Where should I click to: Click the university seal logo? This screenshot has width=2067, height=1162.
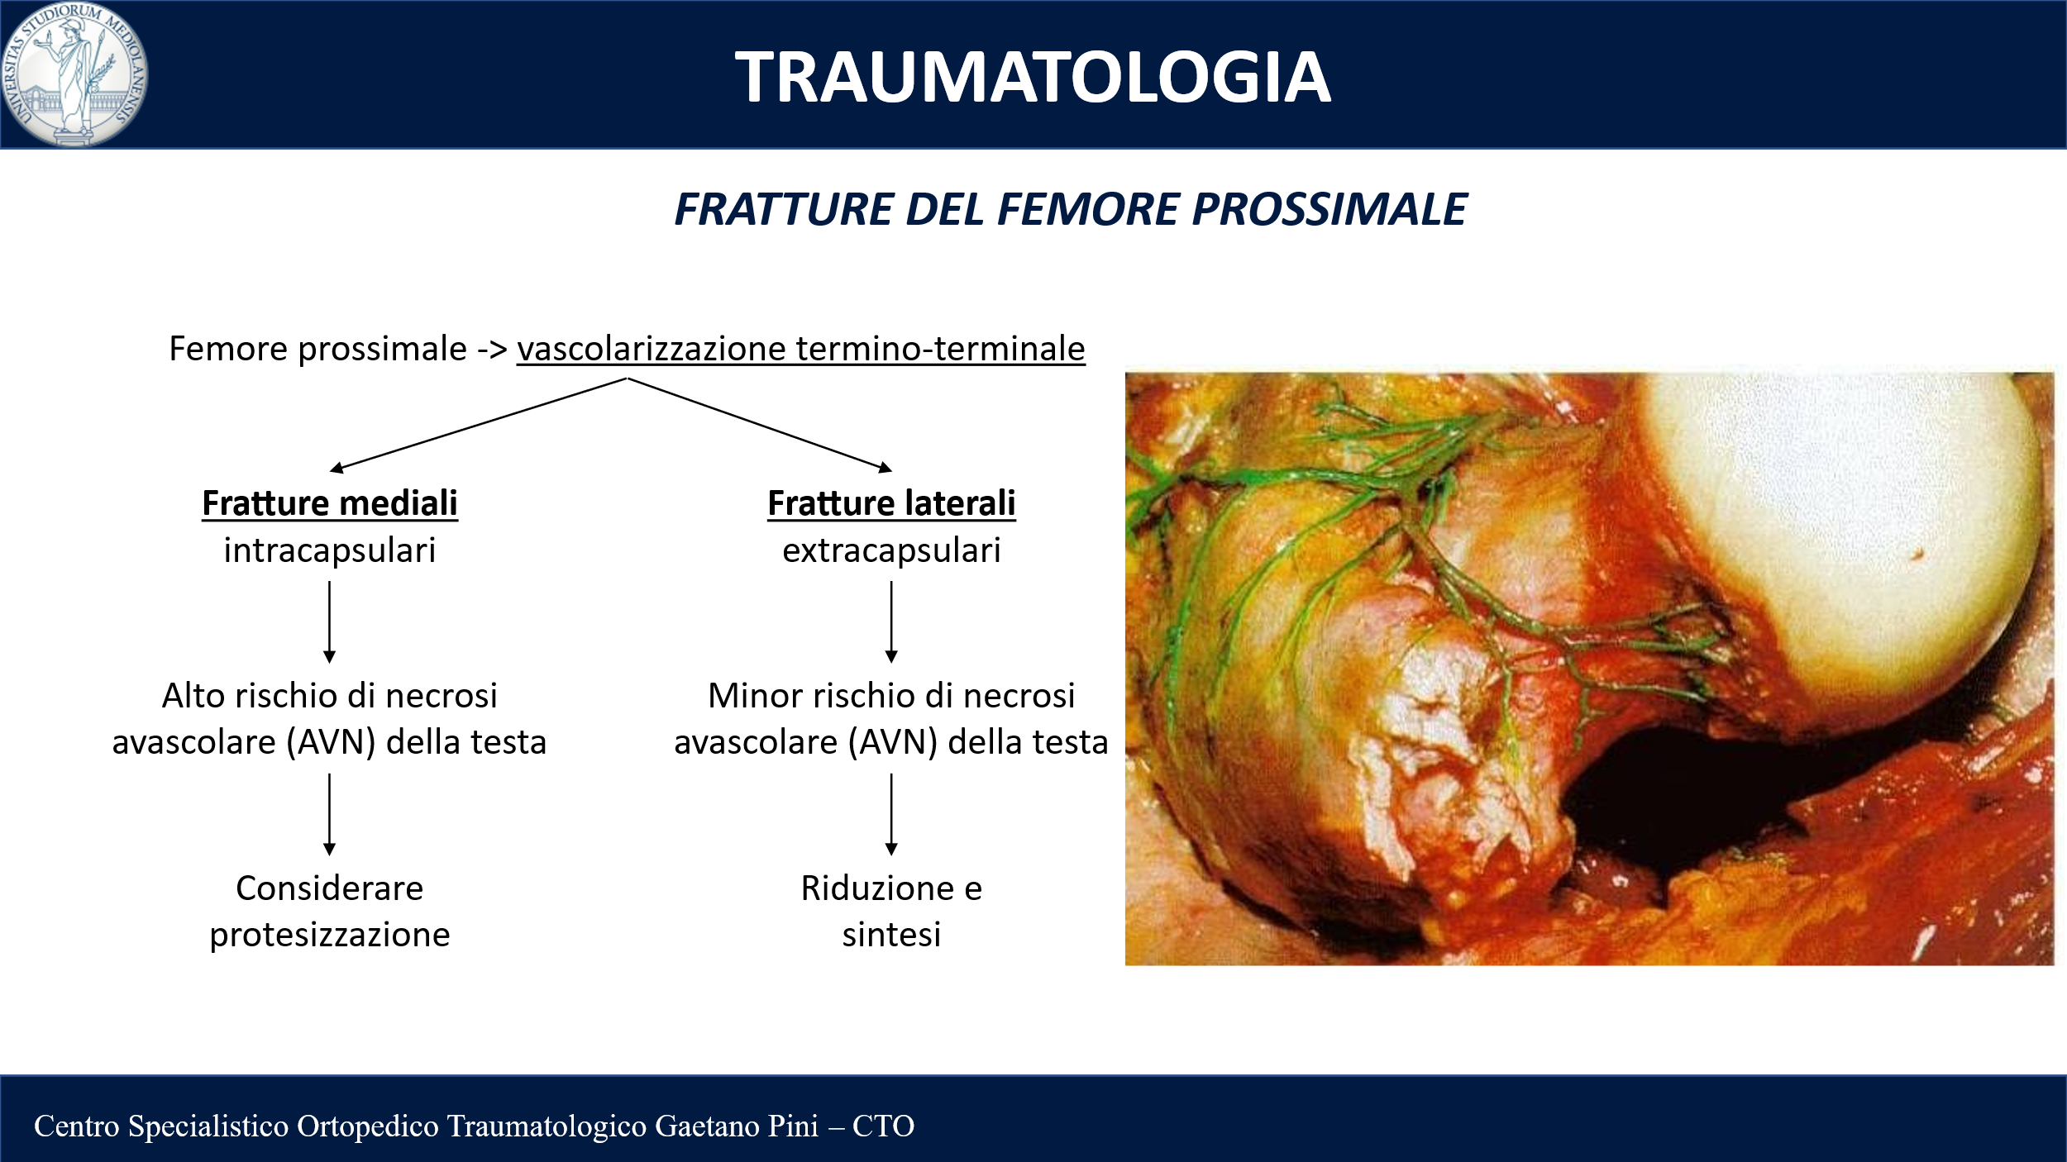(x=74, y=74)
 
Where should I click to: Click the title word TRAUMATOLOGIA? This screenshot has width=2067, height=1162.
(x=1033, y=77)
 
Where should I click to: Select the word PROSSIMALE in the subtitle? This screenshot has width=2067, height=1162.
(x=1329, y=209)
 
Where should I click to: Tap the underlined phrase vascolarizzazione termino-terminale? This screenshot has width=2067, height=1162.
(x=801, y=349)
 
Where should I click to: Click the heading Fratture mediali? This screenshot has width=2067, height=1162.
(x=330, y=503)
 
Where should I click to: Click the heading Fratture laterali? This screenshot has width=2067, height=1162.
(x=891, y=503)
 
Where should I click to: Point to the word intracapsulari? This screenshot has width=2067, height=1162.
(x=330, y=550)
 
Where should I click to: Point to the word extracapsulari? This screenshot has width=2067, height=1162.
(x=891, y=550)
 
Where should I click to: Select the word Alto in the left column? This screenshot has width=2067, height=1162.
(x=193, y=695)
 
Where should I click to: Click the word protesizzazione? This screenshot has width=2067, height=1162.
(x=330, y=935)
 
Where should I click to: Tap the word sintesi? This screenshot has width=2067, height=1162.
(x=891, y=935)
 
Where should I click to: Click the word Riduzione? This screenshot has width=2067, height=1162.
(x=877, y=888)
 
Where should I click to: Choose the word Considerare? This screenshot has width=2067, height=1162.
(x=330, y=888)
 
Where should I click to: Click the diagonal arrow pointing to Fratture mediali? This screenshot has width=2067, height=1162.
(x=478, y=425)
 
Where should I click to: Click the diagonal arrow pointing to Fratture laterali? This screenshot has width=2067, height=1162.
(x=761, y=425)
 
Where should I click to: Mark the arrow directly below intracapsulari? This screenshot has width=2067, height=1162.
(x=329, y=622)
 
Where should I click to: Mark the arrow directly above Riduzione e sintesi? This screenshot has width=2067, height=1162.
(x=891, y=814)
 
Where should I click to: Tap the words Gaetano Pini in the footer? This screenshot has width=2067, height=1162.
(x=737, y=1126)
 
